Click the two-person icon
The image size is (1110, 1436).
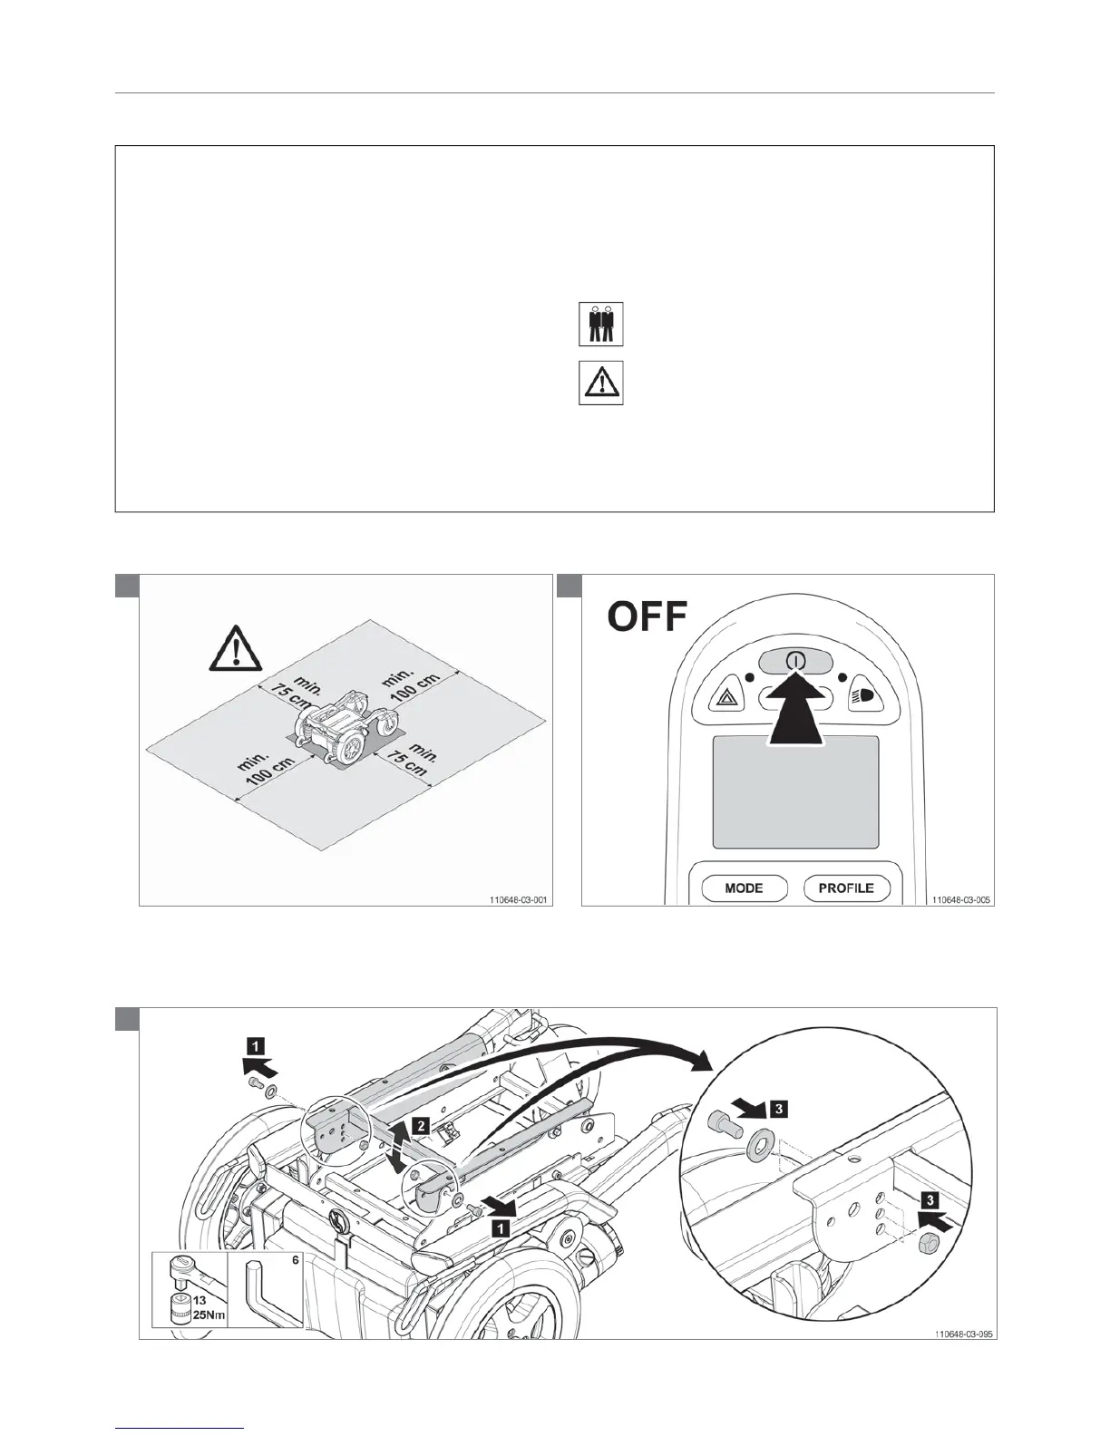click(600, 325)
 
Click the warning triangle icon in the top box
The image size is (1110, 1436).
click(600, 383)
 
